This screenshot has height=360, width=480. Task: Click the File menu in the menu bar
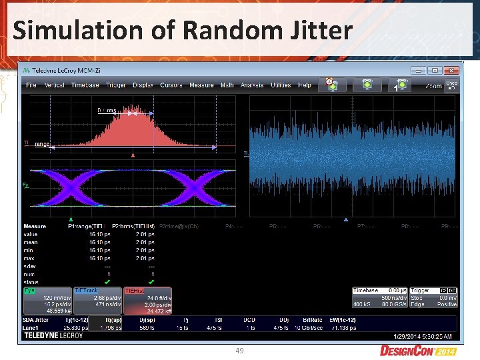[x=31, y=85]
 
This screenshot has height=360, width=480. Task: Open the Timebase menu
[x=85, y=85]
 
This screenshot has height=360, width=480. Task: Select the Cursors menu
[x=171, y=85]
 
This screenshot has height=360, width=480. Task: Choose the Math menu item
[x=227, y=85]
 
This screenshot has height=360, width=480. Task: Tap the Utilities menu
[x=281, y=85]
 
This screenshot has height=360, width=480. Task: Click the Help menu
[x=305, y=85]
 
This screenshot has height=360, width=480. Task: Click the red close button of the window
[x=451, y=69]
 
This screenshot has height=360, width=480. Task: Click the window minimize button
[x=417, y=69]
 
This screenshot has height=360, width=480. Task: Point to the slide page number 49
[x=239, y=351]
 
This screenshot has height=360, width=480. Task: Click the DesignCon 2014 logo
[x=417, y=350]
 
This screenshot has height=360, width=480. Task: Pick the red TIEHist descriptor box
[x=147, y=301]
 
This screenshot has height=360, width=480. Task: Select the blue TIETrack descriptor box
[x=97, y=301]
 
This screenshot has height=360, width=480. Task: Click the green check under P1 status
[x=107, y=281]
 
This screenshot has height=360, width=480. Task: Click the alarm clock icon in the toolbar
[x=329, y=83]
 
